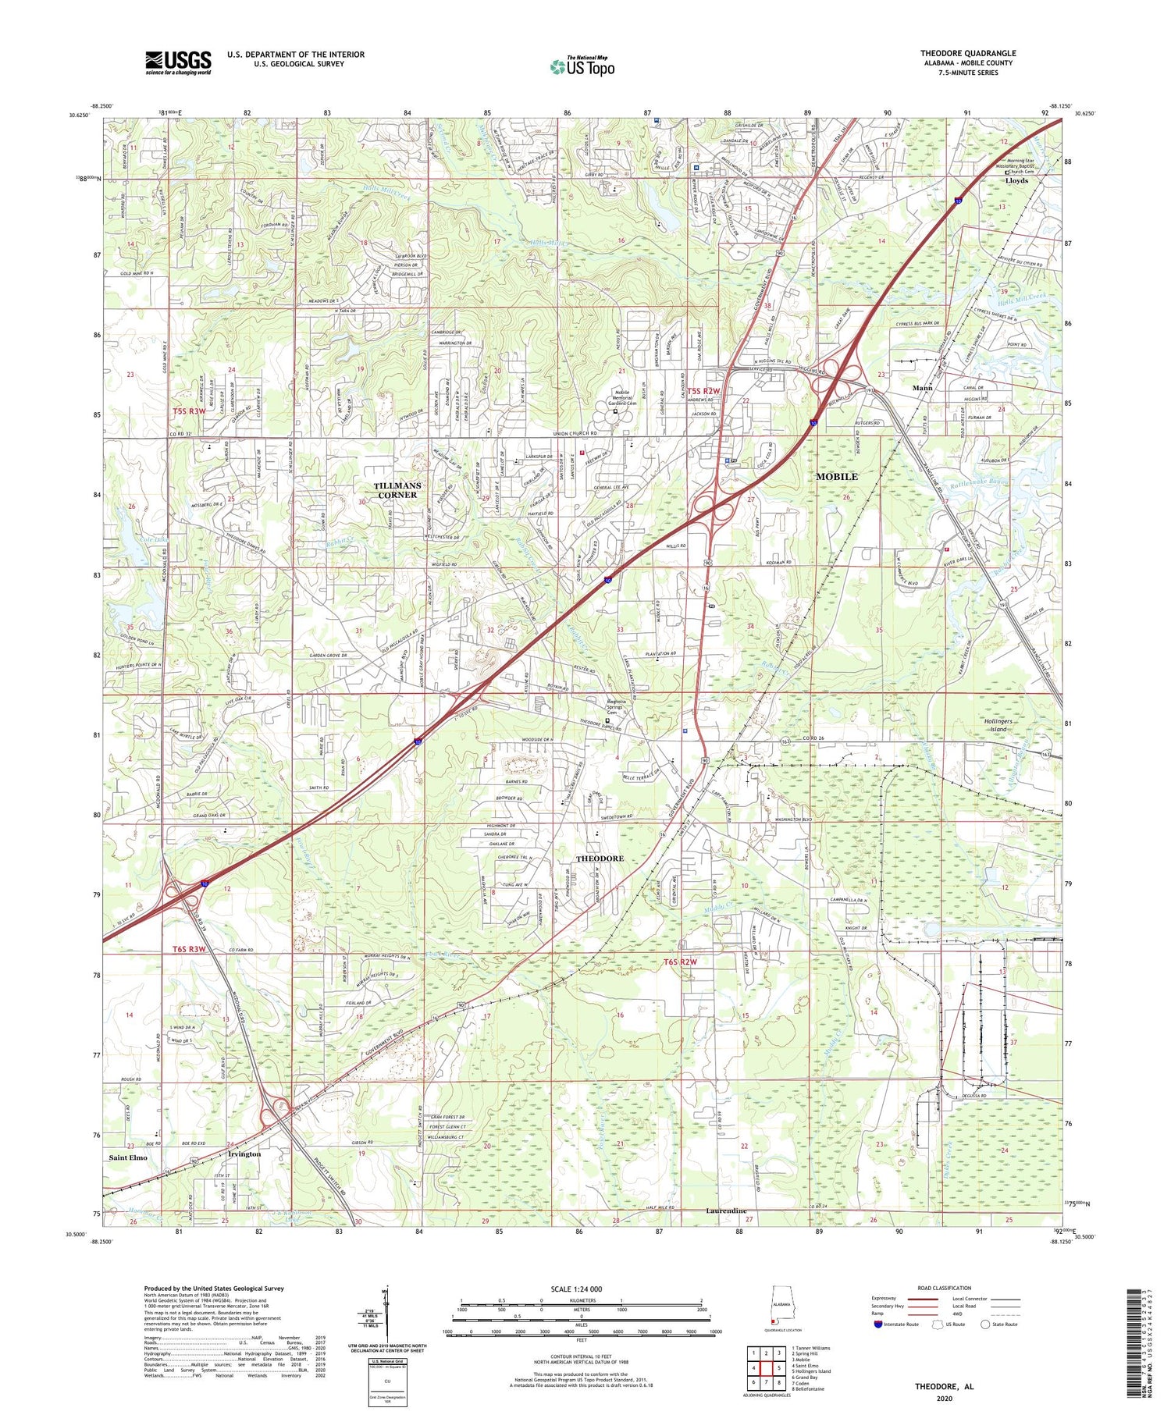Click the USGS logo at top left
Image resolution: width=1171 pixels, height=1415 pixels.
(x=178, y=62)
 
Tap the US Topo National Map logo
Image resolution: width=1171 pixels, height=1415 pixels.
(x=582, y=66)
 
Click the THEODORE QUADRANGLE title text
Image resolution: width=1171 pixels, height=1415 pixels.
(x=967, y=53)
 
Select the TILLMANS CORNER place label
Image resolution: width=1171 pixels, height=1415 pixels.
(x=399, y=489)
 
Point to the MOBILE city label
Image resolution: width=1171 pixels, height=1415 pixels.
(x=836, y=476)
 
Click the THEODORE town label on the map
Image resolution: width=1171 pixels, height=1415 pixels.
(x=600, y=858)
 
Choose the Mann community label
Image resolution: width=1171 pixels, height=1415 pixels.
(x=924, y=387)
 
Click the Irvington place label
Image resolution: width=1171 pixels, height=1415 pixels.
(x=244, y=1154)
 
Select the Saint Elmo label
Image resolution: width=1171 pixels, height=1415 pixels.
(x=128, y=1157)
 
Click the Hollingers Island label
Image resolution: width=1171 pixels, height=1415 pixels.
(x=997, y=725)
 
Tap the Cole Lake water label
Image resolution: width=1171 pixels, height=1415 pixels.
(x=133, y=539)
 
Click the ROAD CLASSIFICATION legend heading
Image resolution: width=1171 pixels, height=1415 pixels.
(x=945, y=1288)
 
